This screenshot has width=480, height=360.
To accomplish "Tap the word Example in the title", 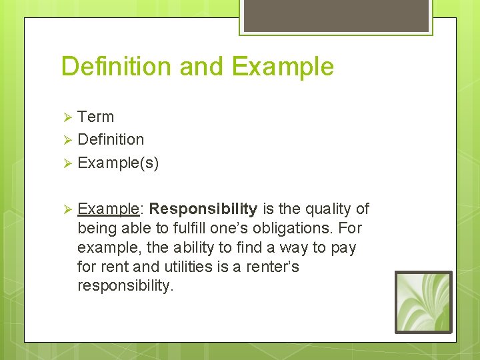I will pyautogui.click(x=283, y=67).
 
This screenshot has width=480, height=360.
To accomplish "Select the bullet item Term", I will pyautogui.click(x=96, y=117).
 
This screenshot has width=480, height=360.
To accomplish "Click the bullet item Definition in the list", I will pyautogui.click(x=111, y=139).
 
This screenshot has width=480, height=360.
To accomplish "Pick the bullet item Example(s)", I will pyautogui.click(x=118, y=163).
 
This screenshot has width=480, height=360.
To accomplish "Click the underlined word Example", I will pyautogui.click(x=107, y=209).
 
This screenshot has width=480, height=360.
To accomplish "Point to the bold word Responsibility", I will pyautogui.click(x=203, y=209).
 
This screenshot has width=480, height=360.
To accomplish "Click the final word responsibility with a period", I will pyautogui.click(x=125, y=286).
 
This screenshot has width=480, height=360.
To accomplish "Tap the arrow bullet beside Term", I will pyautogui.click(x=67, y=117).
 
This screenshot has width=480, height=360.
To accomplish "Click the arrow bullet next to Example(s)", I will pyautogui.click(x=67, y=163).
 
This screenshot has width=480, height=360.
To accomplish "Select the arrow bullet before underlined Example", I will pyautogui.click(x=67, y=209).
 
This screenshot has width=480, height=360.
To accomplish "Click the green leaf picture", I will pyautogui.click(x=423, y=302).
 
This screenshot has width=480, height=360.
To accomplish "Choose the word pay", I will pyautogui.click(x=343, y=247).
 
